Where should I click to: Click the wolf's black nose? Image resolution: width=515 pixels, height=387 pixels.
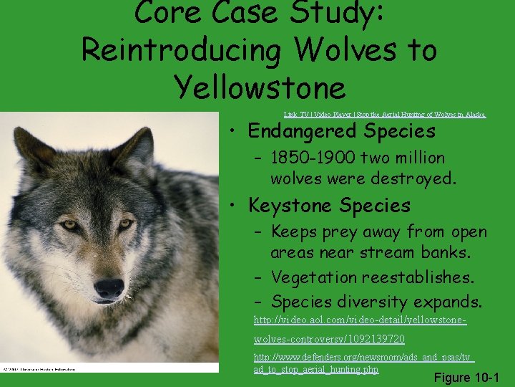(109, 288)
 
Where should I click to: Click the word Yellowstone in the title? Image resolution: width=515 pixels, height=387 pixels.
(260, 88)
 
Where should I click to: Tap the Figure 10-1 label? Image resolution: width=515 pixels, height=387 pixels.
(466, 377)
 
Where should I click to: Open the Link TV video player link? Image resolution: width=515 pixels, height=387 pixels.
(384, 114)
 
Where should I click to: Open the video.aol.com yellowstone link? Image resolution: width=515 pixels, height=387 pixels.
(360, 327)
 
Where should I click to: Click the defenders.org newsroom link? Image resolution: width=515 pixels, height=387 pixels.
(364, 363)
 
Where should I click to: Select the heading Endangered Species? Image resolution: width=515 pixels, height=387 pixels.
(341, 131)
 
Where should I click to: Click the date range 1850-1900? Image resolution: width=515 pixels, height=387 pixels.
(313, 158)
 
